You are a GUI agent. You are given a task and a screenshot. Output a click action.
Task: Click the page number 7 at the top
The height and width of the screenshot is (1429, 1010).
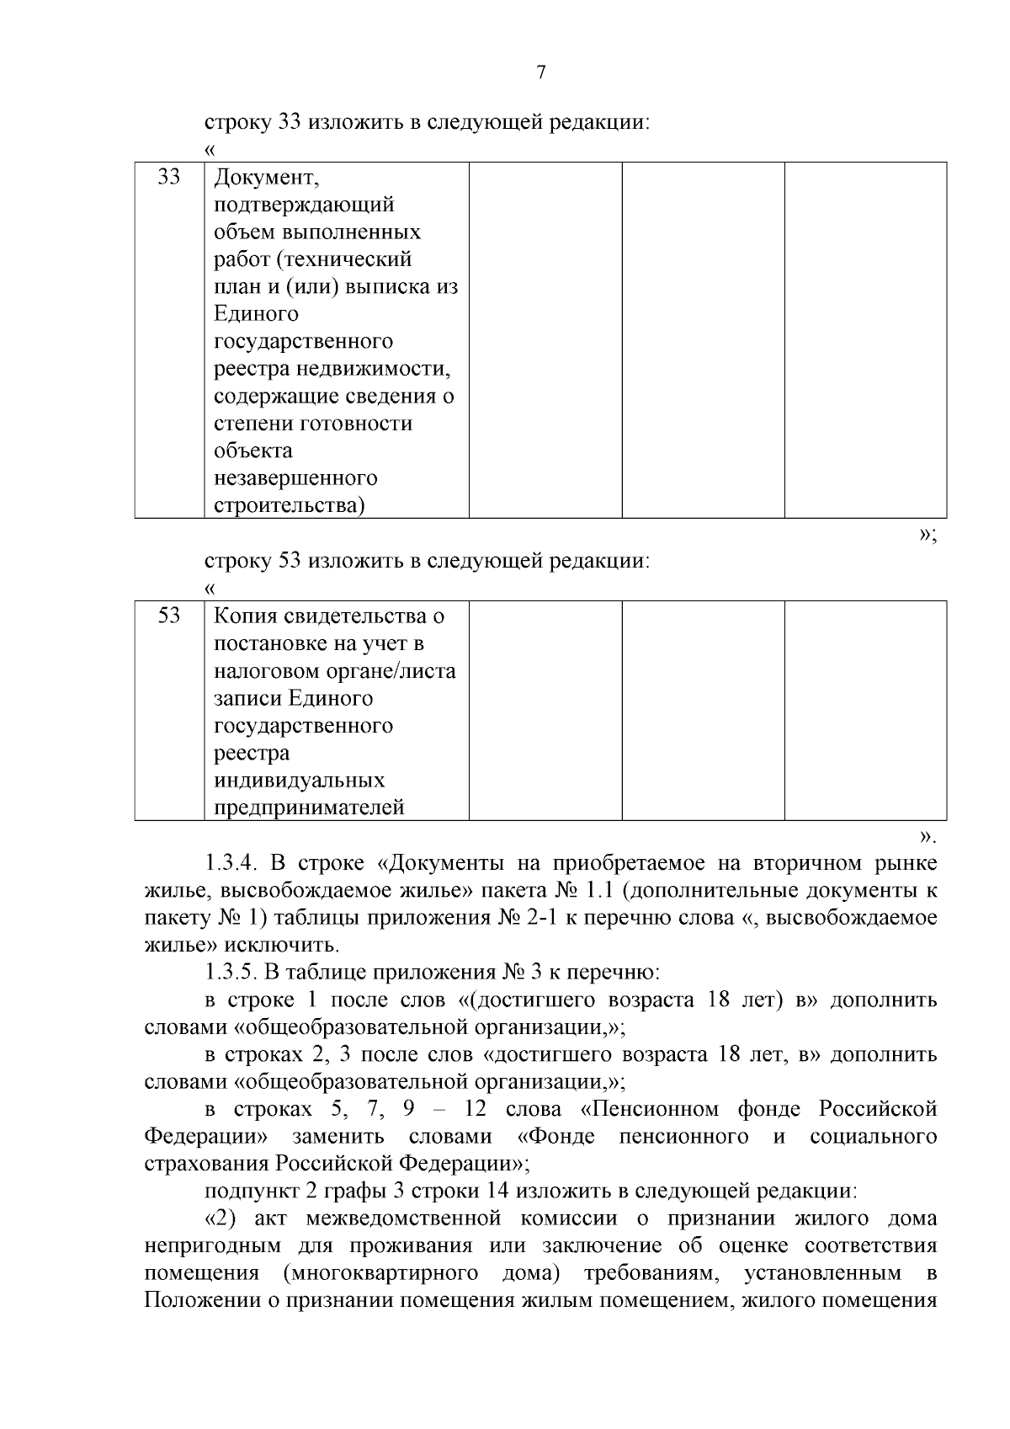pyautogui.click(x=541, y=72)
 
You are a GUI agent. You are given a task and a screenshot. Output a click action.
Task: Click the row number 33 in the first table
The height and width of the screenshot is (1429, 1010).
pyautogui.click(x=169, y=178)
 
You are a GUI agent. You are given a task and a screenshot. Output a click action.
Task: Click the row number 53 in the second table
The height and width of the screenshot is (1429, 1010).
pyautogui.click(x=169, y=616)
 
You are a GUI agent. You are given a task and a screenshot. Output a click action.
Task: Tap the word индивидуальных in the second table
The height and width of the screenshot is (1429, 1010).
pyautogui.click(x=299, y=781)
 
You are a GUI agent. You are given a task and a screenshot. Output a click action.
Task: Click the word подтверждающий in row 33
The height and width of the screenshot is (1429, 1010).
pyautogui.click(x=304, y=205)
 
